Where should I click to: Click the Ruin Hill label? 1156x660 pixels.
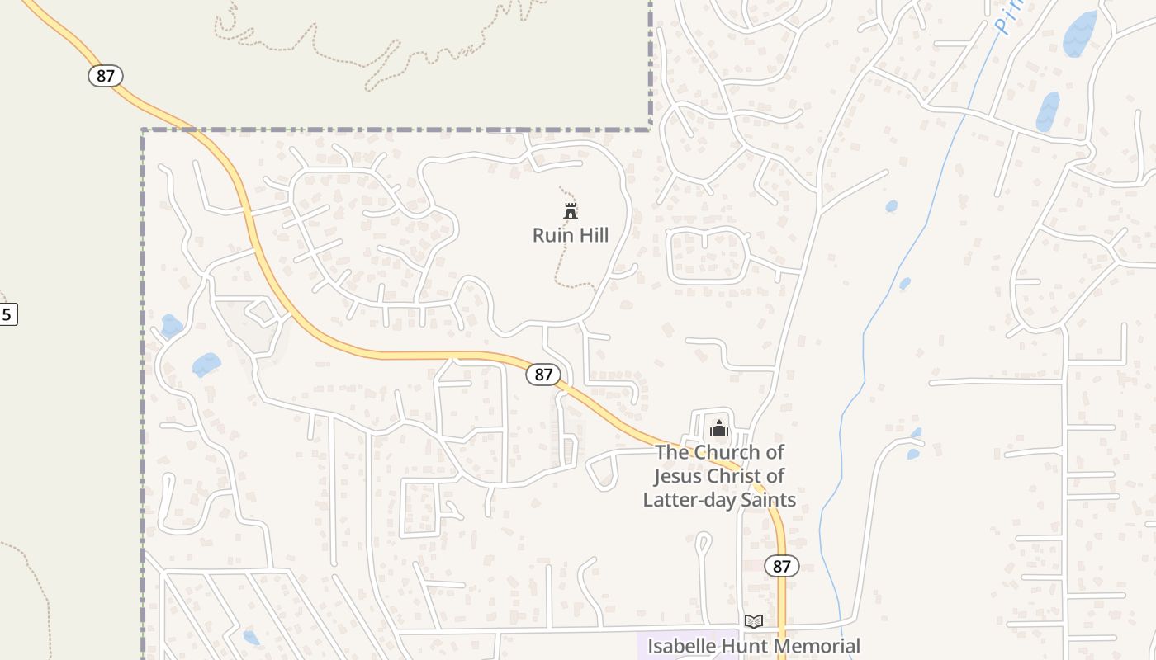point(571,235)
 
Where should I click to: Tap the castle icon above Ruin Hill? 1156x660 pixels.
point(570,210)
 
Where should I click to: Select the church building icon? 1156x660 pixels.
point(718,428)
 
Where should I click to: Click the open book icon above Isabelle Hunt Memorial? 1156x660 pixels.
point(753,621)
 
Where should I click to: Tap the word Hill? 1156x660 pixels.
point(593,235)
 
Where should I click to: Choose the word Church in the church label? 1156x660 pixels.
point(726,452)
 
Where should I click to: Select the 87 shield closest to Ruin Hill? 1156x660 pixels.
point(542,375)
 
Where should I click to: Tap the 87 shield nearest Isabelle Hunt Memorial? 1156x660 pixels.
point(781,566)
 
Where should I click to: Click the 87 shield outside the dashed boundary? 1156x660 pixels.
point(105,76)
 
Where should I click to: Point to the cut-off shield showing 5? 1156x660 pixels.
point(7,314)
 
